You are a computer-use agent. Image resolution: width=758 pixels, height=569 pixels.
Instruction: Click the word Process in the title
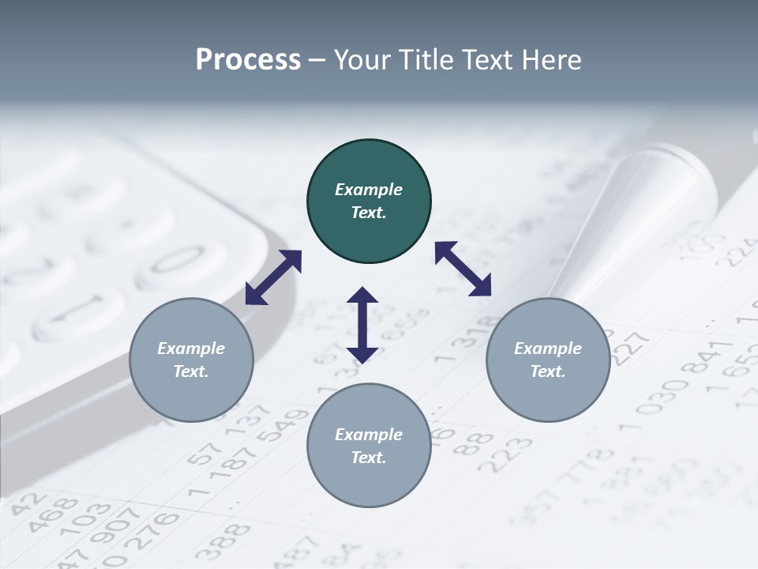pos(248,60)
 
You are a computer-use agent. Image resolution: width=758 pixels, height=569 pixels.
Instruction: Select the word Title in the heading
pos(426,60)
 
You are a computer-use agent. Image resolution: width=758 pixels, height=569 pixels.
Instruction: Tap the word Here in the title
pos(550,60)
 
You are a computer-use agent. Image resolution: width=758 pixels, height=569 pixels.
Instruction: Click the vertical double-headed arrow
pos(362,325)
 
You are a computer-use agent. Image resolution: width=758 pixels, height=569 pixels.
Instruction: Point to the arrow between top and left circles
pos(273,277)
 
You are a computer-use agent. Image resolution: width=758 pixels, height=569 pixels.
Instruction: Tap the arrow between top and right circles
pos(463,269)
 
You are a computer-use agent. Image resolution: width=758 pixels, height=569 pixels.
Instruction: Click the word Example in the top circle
pos(369,190)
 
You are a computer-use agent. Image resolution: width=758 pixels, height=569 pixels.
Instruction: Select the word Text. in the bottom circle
pos(369,458)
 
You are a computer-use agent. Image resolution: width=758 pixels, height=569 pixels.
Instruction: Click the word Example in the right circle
pos(548,349)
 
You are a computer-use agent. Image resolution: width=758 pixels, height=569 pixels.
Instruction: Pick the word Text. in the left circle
pos(191,371)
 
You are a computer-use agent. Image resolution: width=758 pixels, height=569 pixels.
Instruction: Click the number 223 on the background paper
pos(505,453)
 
